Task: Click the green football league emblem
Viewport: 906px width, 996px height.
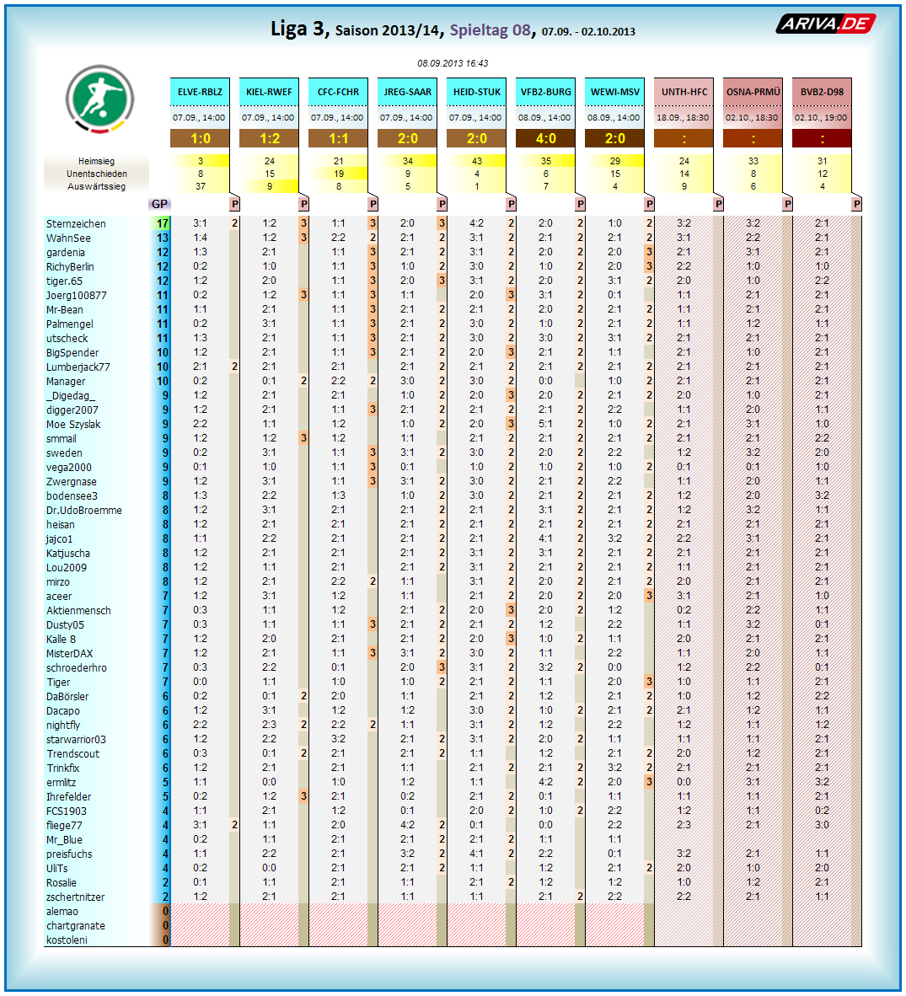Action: click(x=99, y=99)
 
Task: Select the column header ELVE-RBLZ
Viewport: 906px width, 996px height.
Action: click(x=200, y=92)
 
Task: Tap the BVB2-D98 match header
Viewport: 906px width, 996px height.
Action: click(x=822, y=92)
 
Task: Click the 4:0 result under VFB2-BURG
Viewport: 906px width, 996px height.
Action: click(x=545, y=138)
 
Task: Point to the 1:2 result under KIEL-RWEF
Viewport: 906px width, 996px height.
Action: click(x=269, y=138)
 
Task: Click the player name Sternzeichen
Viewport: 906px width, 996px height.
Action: click(x=76, y=224)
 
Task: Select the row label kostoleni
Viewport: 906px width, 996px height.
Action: click(x=67, y=940)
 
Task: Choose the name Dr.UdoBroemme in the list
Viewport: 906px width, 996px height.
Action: click(x=83, y=511)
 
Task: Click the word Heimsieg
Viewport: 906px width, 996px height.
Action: click(x=96, y=161)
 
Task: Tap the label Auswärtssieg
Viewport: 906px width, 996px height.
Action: click(x=96, y=186)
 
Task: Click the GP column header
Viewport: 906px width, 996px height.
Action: click(x=159, y=204)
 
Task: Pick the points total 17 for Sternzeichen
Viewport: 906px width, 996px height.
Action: click(x=162, y=224)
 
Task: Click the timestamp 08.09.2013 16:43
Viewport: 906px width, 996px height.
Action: click(x=453, y=63)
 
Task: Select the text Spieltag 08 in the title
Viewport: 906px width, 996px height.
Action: click(x=490, y=30)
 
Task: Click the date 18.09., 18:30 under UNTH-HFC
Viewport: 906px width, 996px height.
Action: click(x=684, y=118)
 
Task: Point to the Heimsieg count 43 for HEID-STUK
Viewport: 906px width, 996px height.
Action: click(x=476, y=161)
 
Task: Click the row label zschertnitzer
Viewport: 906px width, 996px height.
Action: click(x=75, y=897)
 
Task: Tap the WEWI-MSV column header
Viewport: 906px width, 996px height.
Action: click(x=614, y=92)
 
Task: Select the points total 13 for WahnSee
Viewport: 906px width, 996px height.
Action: click(x=162, y=238)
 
